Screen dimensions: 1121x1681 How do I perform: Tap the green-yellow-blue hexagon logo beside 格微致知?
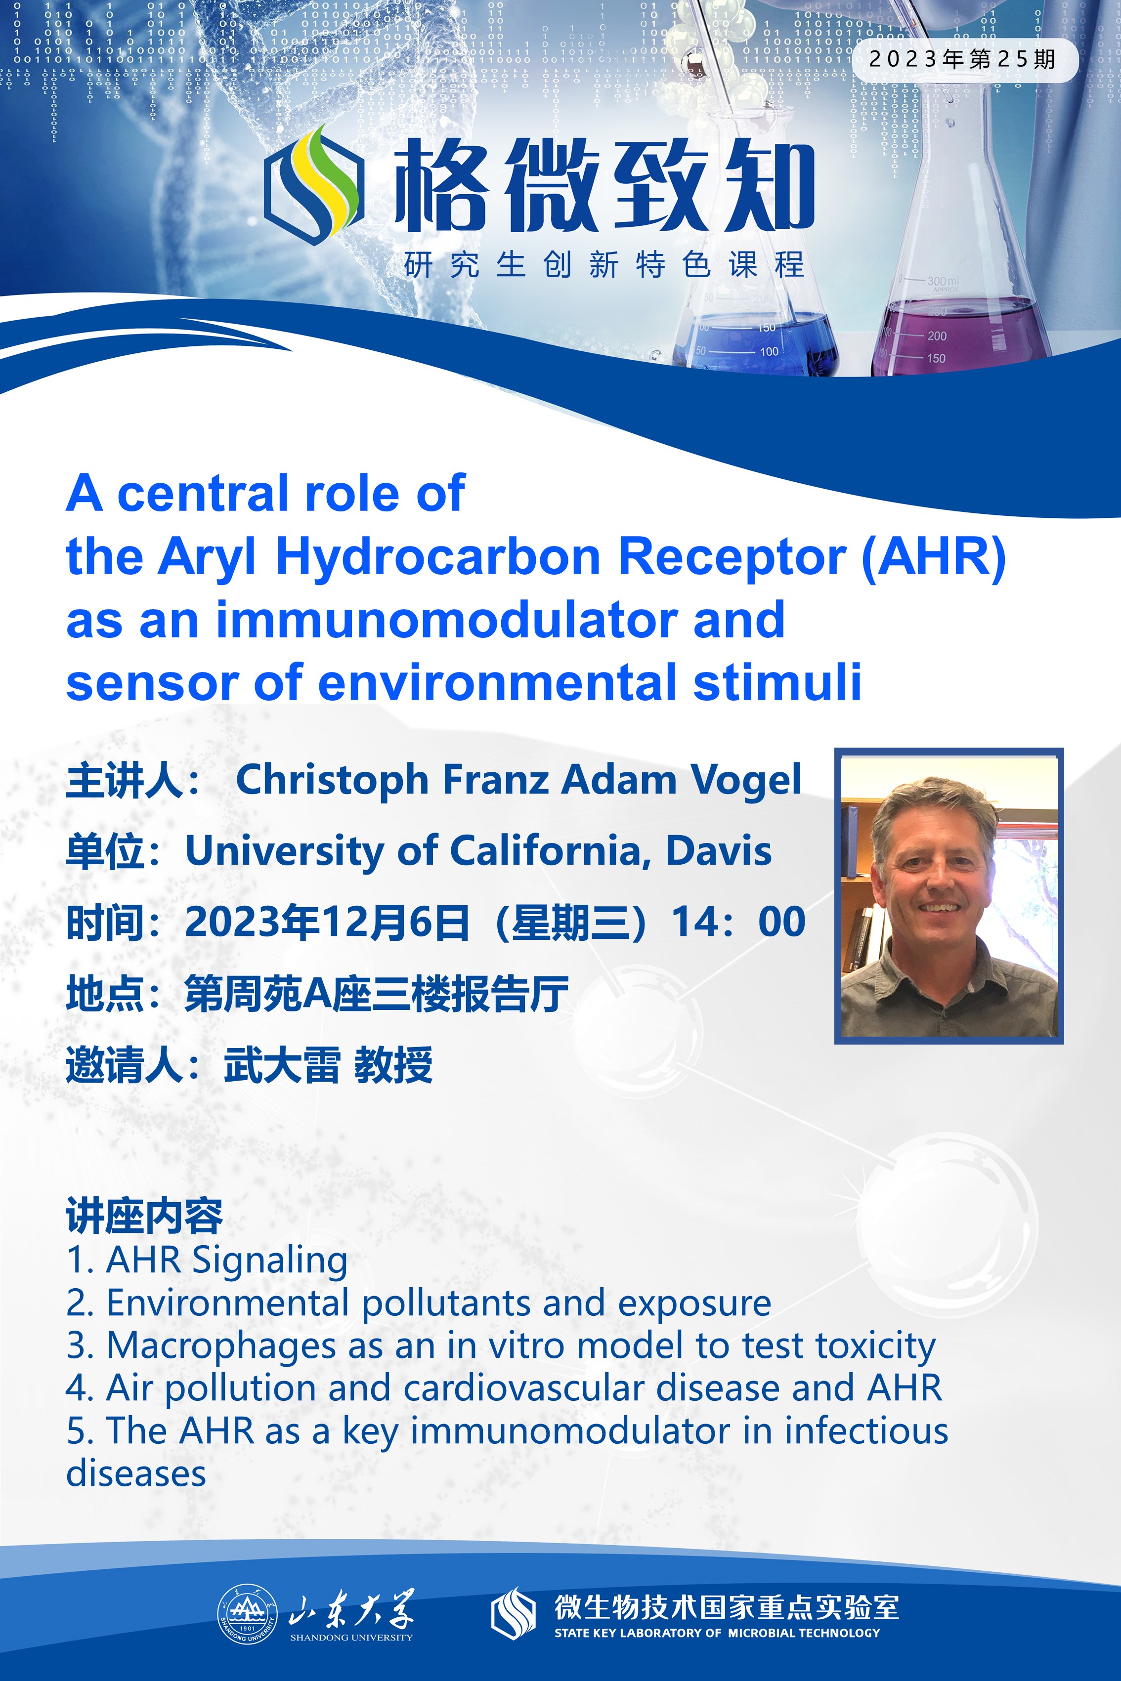pyautogui.click(x=314, y=184)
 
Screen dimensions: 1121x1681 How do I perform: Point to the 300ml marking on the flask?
pyautogui.click(x=944, y=282)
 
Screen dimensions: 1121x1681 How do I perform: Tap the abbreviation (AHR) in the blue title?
pyautogui.click(x=934, y=557)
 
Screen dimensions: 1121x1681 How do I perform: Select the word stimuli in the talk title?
pyautogui.click(x=777, y=682)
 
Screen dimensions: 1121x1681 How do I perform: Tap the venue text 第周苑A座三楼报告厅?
pyautogui.click(x=377, y=994)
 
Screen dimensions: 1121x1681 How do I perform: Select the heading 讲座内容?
pyautogui.click(x=144, y=1216)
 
